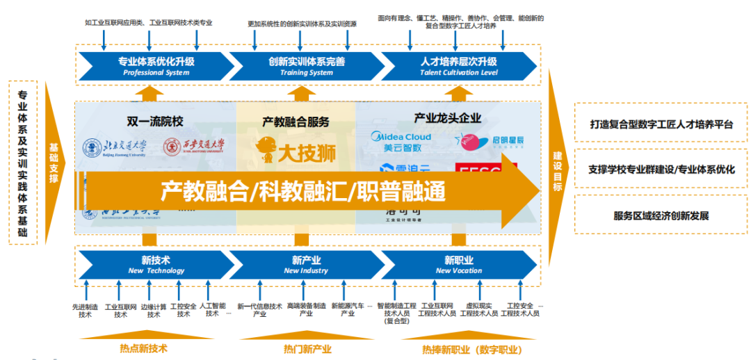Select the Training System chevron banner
307,66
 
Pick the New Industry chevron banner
306,265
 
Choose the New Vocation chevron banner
458,265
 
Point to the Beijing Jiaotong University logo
115,148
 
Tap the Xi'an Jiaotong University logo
195,148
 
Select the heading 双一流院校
156,121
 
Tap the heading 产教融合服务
296,122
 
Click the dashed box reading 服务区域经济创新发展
661,215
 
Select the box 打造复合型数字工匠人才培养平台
661,124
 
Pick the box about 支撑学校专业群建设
661,170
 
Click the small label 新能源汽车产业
348,310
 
